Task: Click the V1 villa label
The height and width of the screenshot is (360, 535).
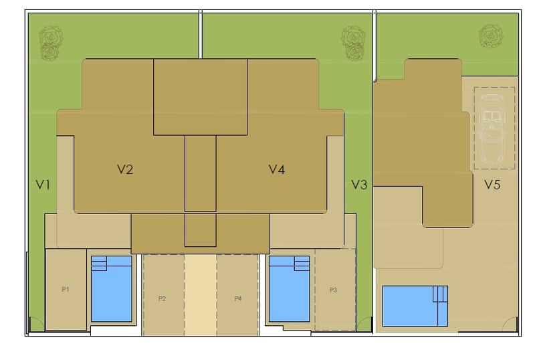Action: (43, 185)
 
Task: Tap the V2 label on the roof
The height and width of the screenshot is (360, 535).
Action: (125, 169)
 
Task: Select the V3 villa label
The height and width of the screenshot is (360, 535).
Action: (359, 185)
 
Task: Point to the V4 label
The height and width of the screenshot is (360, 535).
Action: (277, 169)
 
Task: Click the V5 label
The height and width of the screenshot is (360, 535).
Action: (492, 185)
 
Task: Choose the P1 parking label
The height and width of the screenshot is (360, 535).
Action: (66, 289)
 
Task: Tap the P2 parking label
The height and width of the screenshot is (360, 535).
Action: (162, 298)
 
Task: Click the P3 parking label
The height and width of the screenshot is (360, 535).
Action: (333, 290)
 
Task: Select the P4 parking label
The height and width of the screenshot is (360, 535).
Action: (238, 298)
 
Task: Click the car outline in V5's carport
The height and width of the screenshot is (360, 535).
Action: (492, 128)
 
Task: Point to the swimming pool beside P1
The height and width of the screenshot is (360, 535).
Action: (112, 288)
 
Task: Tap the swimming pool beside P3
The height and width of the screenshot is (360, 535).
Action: (290, 288)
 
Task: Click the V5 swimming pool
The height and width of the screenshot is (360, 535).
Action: (415, 306)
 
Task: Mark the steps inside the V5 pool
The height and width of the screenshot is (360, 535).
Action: (440, 294)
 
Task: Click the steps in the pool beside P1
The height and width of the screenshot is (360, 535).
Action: (99, 264)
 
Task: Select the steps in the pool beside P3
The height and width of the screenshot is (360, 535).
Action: (302, 264)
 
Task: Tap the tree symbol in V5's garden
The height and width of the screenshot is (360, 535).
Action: (491, 36)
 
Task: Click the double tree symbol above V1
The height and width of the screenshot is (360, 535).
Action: (51, 43)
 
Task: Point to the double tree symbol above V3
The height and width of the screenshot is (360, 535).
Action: (354, 43)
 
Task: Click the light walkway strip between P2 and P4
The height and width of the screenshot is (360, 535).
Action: (200, 295)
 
